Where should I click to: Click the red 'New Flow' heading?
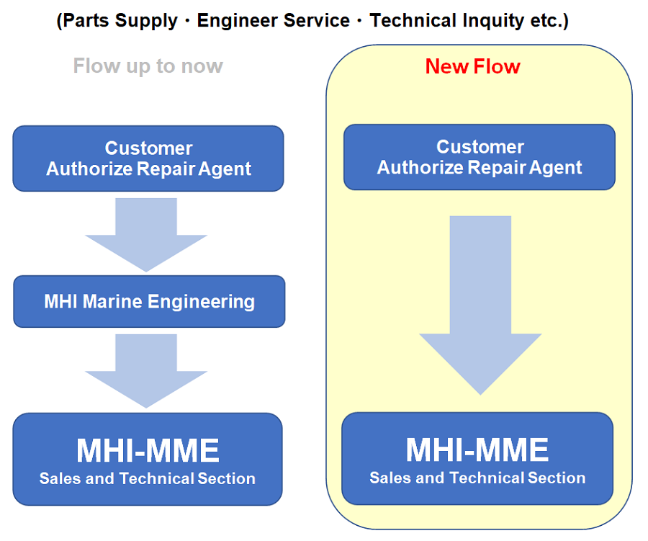(x=473, y=66)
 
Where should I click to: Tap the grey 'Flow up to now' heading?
(x=148, y=66)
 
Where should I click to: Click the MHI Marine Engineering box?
(x=149, y=302)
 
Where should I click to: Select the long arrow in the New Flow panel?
(x=480, y=305)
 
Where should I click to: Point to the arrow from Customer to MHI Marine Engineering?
(x=146, y=235)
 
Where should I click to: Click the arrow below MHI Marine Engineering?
(x=146, y=371)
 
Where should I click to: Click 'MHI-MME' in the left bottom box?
(x=148, y=450)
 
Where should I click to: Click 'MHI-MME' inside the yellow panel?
(x=477, y=450)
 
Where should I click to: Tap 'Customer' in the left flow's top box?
(x=149, y=148)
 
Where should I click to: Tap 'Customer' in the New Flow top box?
(x=480, y=147)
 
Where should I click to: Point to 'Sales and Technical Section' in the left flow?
(x=148, y=478)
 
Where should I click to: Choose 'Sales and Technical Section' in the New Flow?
(x=477, y=478)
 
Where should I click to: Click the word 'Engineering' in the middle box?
(x=202, y=302)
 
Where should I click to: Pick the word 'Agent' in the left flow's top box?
(x=225, y=169)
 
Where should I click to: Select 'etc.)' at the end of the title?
(x=549, y=21)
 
